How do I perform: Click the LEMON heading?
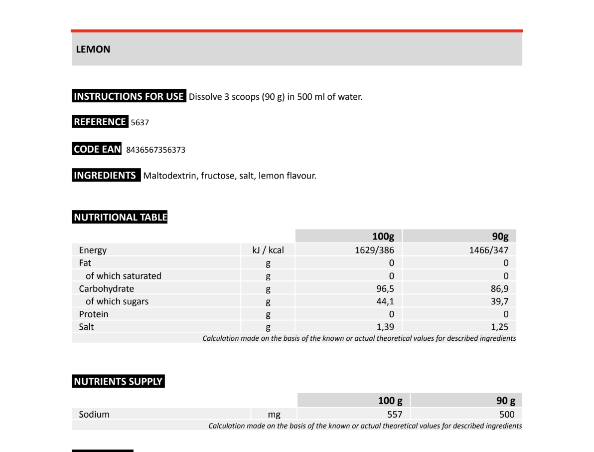tap(93, 49)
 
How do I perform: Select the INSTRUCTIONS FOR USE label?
tap(129, 96)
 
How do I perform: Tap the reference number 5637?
tap(140, 122)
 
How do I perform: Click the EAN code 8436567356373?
tap(155, 150)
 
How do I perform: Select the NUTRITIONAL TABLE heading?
tap(120, 217)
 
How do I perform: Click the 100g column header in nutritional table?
tap(383, 236)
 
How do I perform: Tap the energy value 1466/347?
tap(488, 250)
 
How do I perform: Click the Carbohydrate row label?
tap(106, 289)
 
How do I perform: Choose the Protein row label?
tap(94, 314)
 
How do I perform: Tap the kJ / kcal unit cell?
tap(268, 250)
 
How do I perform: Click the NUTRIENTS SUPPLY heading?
tap(118, 382)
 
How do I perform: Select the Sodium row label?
tap(94, 414)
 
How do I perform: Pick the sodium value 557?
tap(395, 414)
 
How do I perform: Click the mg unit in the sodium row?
tap(274, 415)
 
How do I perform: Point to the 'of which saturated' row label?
tap(123, 276)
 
